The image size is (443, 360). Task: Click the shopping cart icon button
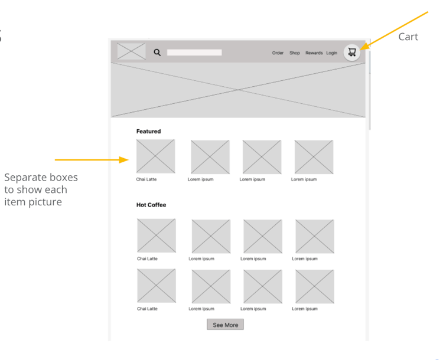pos(352,53)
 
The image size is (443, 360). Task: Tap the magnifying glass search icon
pos(157,53)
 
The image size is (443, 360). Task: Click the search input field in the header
pos(194,53)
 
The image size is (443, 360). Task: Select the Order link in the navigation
pos(278,53)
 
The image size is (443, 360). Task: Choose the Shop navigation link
pos(295,53)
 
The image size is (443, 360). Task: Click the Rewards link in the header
pos(314,53)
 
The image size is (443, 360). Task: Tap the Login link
pos(332,53)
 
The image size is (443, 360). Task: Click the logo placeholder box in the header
pos(131,51)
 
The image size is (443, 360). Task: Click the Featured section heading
pos(149,131)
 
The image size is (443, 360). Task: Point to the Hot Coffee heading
pos(151,205)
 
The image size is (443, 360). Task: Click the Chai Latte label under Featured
pos(146,179)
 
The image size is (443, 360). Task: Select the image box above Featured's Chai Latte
pos(156,156)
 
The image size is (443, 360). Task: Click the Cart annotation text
pos(408,37)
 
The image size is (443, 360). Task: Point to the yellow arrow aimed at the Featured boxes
pos(92,160)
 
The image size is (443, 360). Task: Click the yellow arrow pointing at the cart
pos(394,31)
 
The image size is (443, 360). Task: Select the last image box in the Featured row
pos(314,157)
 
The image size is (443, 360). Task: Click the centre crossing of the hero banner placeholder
pos(238,90)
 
